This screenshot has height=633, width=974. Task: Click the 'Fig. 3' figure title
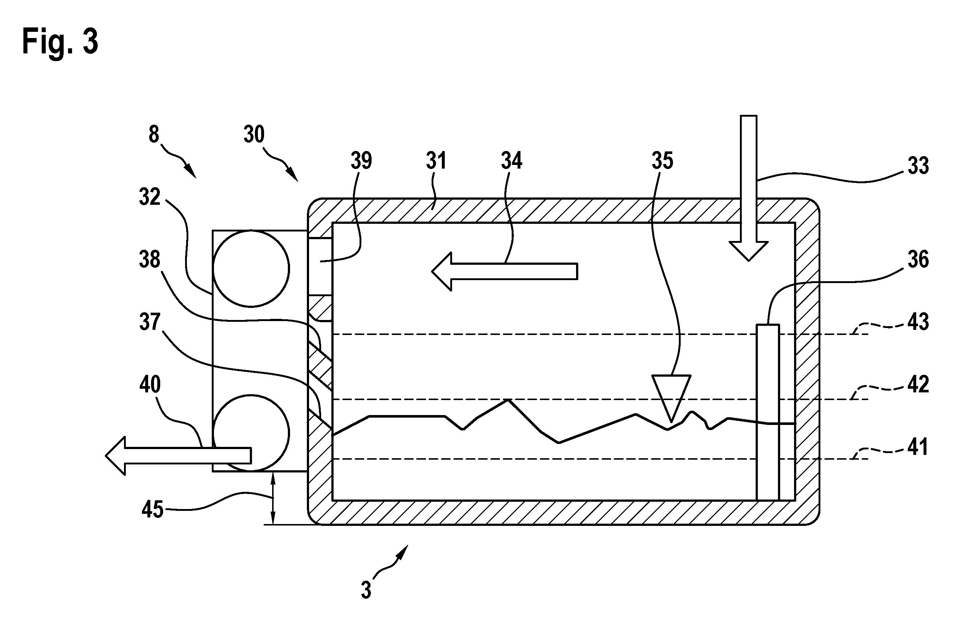click(60, 42)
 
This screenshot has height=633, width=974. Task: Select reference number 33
click(918, 166)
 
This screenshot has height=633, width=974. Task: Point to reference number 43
click(918, 322)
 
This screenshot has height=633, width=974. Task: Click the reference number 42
click(918, 385)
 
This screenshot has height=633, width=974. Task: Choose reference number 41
click(918, 447)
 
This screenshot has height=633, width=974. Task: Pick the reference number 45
click(153, 510)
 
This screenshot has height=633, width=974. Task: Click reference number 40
click(150, 385)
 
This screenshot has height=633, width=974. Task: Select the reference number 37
click(150, 322)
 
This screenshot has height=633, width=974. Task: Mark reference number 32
click(150, 197)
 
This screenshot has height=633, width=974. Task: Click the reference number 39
click(361, 161)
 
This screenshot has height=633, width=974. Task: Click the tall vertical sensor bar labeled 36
click(768, 412)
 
